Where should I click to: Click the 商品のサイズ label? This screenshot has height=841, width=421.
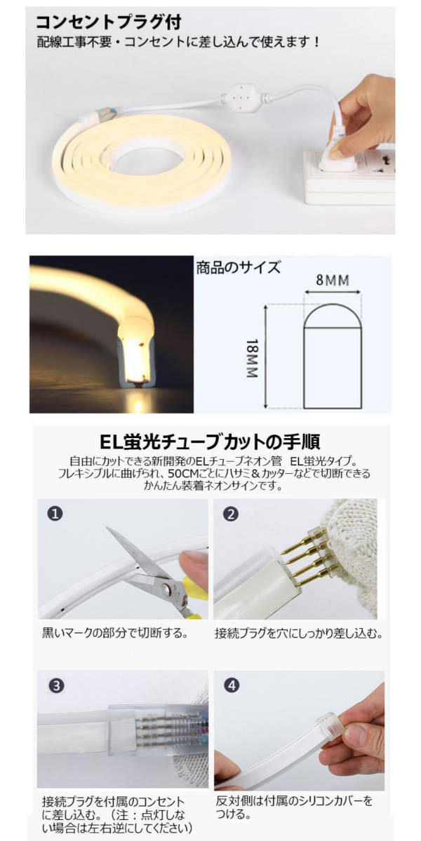point(239,267)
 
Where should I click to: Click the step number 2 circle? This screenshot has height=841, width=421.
point(230,514)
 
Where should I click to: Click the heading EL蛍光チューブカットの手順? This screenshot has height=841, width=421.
point(210,442)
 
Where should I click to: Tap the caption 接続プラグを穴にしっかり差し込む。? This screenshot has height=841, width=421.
point(299,634)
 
